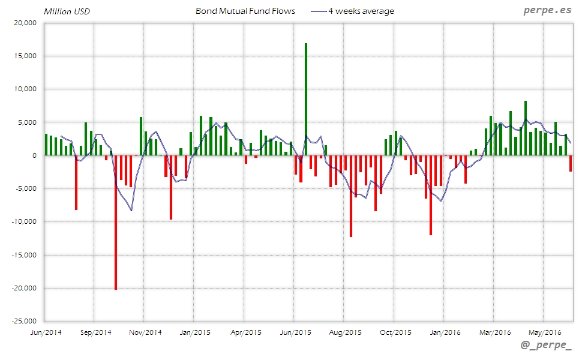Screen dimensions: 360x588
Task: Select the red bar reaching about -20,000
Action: (x=116, y=222)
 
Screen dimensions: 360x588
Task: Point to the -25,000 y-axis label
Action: (x=24, y=321)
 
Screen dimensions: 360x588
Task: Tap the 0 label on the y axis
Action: (x=34, y=155)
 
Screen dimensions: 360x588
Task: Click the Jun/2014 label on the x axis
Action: (x=45, y=332)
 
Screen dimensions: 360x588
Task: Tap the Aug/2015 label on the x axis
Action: (x=345, y=332)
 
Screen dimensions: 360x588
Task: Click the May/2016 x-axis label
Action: (x=544, y=332)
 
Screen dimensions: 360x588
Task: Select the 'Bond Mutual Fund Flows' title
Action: (x=245, y=11)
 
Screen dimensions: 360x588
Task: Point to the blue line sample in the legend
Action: (x=318, y=11)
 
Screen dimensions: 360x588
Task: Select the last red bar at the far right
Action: (x=571, y=163)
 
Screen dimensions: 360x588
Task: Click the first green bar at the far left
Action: (x=46, y=145)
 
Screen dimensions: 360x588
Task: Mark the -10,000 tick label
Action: (x=24, y=221)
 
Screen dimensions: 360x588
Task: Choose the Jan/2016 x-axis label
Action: (x=445, y=332)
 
